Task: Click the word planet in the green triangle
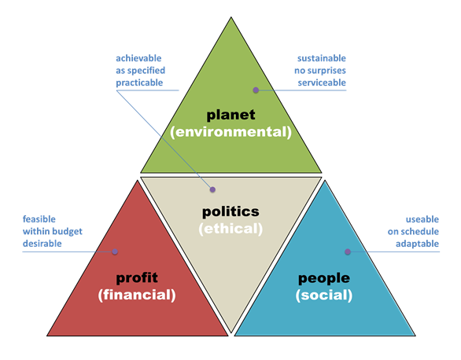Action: [230, 115]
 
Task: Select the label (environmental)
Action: [230, 132]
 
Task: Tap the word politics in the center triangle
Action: [230, 211]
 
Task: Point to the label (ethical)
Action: [230, 229]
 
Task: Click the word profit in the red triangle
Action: [137, 277]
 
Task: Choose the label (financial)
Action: [137, 295]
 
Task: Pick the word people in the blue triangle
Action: [324, 278]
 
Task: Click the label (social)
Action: [324, 295]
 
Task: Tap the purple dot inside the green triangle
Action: [256, 90]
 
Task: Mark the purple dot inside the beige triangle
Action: [212, 189]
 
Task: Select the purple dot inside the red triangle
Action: [115, 252]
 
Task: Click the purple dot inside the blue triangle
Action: [348, 252]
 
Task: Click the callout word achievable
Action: [138, 58]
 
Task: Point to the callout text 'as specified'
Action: [140, 71]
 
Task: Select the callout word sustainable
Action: [322, 58]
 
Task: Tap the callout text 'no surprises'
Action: [320, 71]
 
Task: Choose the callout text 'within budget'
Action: [53, 231]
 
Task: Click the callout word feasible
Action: [39, 219]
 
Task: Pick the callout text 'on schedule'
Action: [413, 231]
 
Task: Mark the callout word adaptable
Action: [417, 244]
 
